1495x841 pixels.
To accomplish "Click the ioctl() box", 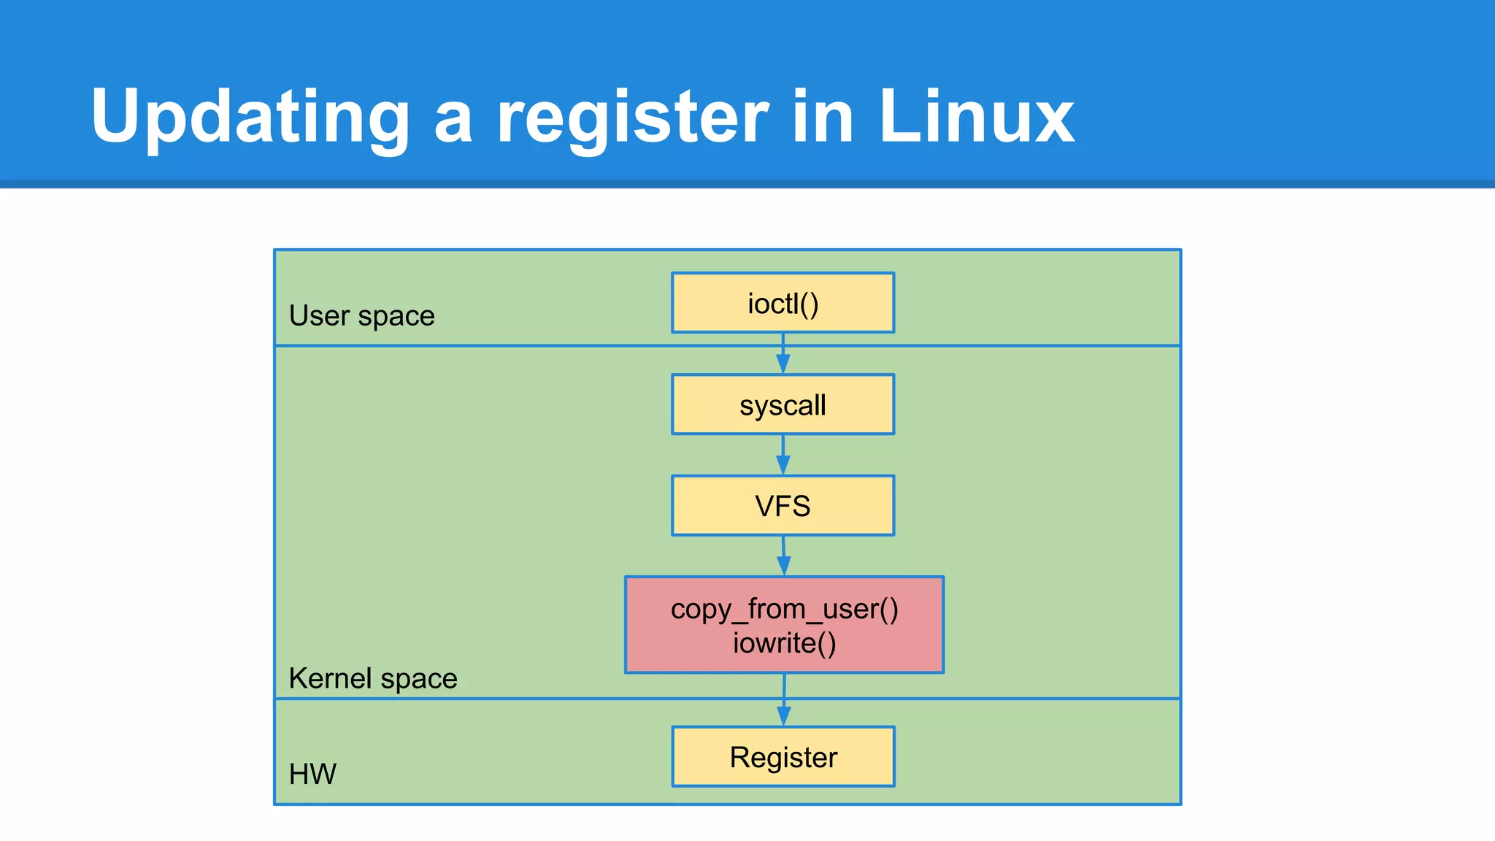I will pyautogui.click(x=783, y=303).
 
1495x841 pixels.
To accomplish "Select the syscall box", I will pyautogui.click(x=783, y=405).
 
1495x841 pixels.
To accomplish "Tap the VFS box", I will pyautogui.click(x=783, y=506).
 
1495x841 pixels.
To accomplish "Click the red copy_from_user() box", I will pyautogui.click(x=784, y=625).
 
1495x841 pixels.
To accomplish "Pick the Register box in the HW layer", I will pyautogui.click(x=783, y=757).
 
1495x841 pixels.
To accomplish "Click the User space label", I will pyautogui.click(x=361, y=316).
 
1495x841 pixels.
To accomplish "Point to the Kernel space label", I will pyautogui.click(x=372, y=679).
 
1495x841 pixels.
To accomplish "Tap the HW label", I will pyautogui.click(x=312, y=774).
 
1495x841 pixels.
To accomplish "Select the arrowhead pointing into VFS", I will pyautogui.click(x=783, y=465).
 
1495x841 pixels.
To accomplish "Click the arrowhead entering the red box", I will pyautogui.click(x=783, y=566).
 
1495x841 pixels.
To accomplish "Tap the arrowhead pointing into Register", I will pyautogui.click(x=783, y=716).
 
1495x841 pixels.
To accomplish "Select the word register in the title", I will pyautogui.click(x=632, y=117).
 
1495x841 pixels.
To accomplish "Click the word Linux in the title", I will pyautogui.click(x=976, y=117).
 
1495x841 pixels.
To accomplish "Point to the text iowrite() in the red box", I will pyautogui.click(x=784, y=643).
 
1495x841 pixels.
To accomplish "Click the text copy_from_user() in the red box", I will pyautogui.click(x=784, y=609).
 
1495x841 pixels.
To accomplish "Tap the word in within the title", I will pyautogui.click(x=823, y=117).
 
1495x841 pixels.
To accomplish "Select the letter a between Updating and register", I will pyautogui.click(x=453, y=120).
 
